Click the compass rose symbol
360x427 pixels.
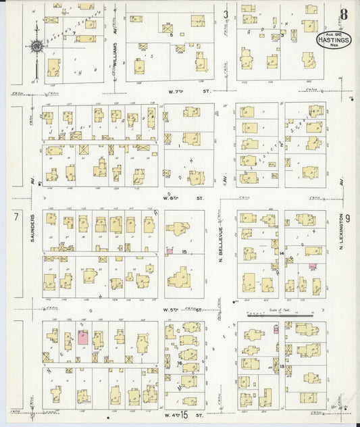click(x=36, y=46)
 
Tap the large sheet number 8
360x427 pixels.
click(x=344, y=14)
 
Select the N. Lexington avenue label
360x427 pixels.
click(x=342, y=253)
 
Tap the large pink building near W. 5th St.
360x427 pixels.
click(x=82, y=338)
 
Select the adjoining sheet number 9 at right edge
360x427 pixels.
click(x=347, y=218)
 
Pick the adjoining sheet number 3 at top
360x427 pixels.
click(x=226, y=14)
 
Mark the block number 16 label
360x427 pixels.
click(x=180, y=363)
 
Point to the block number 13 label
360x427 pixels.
click(x=281, y=365)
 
